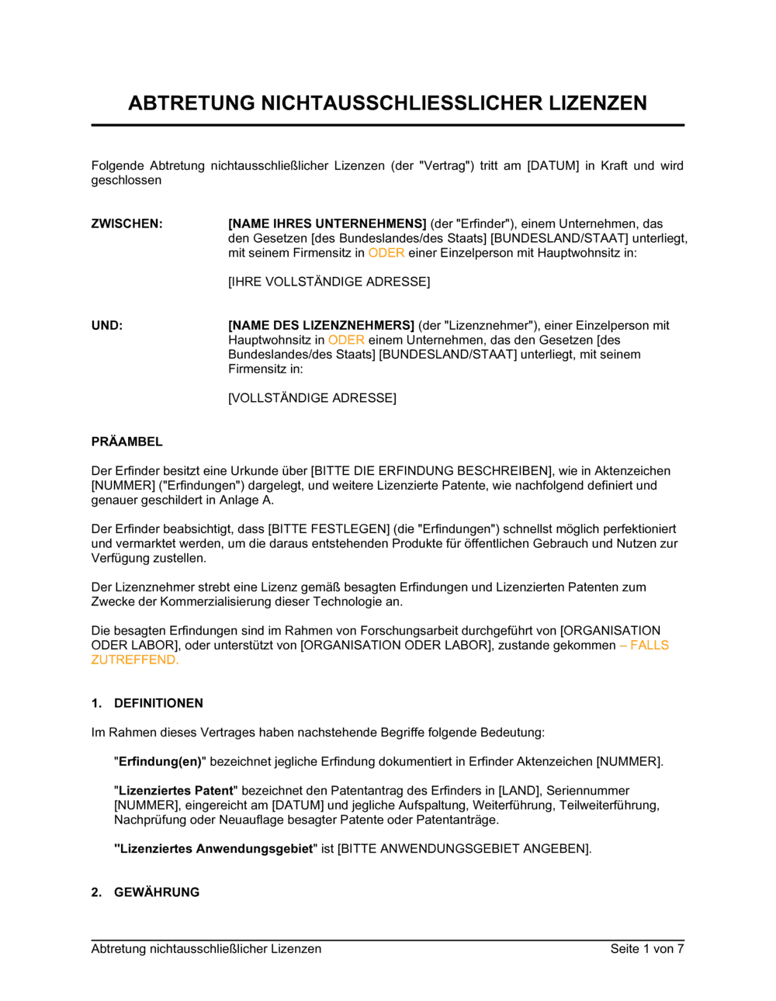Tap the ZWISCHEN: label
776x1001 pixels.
pos(127,223)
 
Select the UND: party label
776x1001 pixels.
pos(107,325)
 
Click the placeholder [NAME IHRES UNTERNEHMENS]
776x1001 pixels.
pos(327,223)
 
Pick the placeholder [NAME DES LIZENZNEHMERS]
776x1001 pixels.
pos(321,325)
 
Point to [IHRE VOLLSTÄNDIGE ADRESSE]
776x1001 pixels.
pos(329,282)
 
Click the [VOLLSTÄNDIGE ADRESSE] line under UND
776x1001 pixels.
pos(312,398)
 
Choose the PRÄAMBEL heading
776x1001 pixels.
pos(127,442)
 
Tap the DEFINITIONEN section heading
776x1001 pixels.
pos(158,703)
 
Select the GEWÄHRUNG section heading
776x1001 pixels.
pos(157,892)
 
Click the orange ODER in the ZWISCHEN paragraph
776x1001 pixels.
pos(386,253)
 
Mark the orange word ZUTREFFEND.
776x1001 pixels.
pos(134,660)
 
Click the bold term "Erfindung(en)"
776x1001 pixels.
pos(160,761)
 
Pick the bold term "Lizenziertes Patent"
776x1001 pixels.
pos(176,791)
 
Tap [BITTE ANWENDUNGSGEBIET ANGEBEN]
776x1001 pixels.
pos(464,849)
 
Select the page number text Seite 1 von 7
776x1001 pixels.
pos(647,948)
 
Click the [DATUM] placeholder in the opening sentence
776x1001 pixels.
pos(553,165)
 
